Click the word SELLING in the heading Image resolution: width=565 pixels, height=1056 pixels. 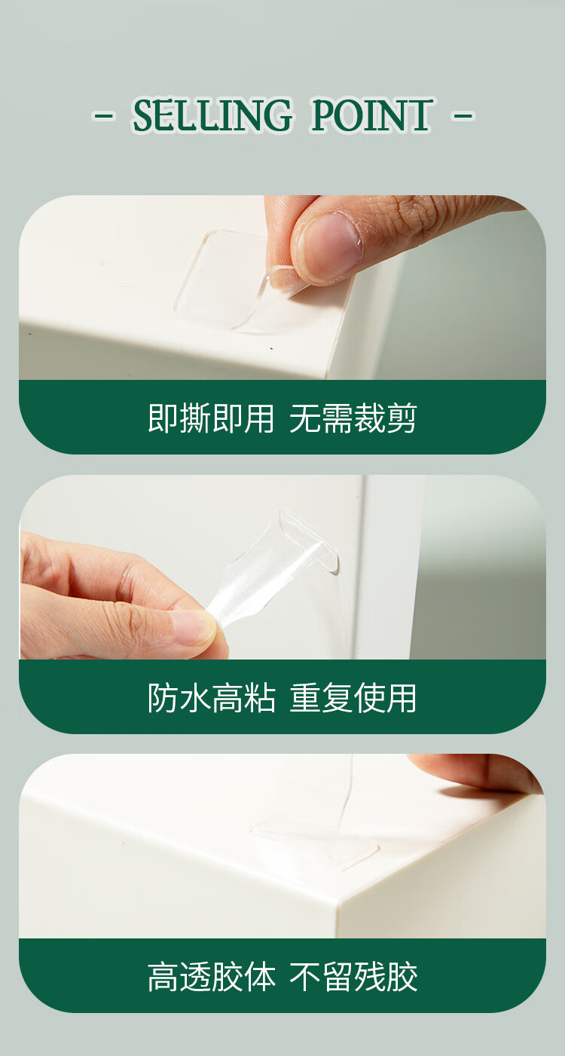212,115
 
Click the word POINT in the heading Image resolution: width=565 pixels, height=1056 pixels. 371,115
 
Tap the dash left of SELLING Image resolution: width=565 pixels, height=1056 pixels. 104,115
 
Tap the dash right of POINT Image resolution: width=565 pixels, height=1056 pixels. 463,115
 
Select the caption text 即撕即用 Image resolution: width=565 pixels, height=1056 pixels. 211,418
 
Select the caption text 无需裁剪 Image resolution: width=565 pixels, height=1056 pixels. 353,418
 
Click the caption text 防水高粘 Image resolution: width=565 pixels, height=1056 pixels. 211,698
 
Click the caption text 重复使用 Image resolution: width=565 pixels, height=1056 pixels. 353,698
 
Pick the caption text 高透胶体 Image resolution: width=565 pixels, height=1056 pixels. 211,977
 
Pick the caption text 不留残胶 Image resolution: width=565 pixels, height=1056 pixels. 353,977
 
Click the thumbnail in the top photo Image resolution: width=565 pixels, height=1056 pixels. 330,245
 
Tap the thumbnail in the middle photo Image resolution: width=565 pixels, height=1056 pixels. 190,625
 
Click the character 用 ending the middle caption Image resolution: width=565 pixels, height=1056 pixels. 401,698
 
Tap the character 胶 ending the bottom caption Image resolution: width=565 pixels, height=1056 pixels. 402,977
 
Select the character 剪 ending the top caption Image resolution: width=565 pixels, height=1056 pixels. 401,418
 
